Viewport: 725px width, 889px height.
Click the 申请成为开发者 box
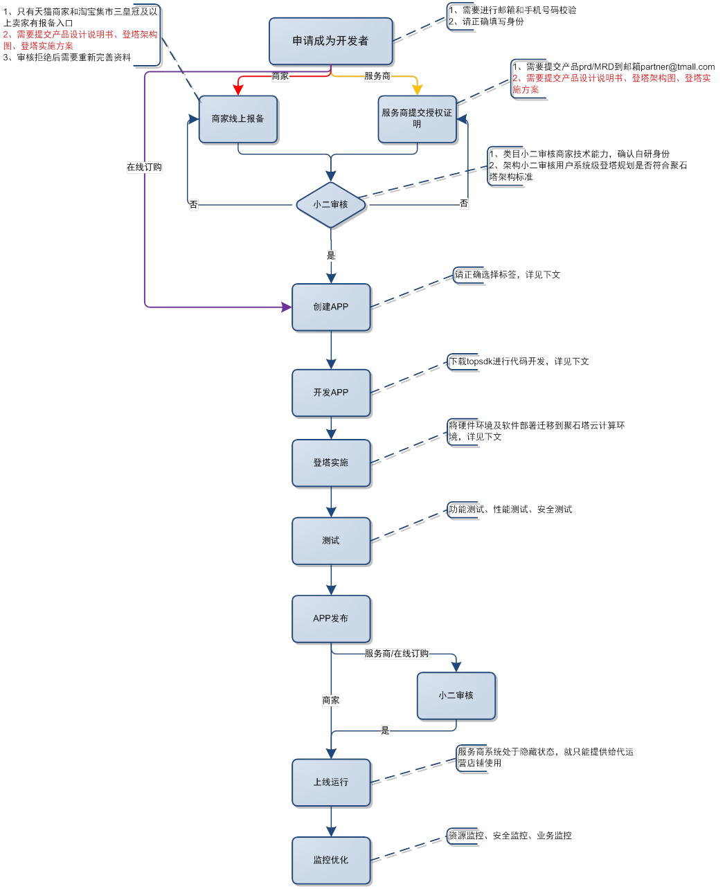[330, 41]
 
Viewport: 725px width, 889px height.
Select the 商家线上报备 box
[238, 119]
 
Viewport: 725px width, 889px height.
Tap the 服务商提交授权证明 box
[417, 118]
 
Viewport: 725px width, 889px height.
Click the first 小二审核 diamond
[330, 205]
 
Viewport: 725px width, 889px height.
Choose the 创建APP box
[330, 307]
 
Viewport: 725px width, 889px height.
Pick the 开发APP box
[330, 393]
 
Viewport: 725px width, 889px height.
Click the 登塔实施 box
[330, 463]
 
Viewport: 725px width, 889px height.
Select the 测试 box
[330, 541]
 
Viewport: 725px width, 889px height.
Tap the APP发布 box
[330, 618]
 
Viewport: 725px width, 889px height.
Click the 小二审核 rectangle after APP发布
[456, 695]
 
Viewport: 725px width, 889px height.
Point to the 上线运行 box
[330, 782]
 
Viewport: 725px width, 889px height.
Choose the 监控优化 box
[330, 860]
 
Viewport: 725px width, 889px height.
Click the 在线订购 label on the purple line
[144, 168]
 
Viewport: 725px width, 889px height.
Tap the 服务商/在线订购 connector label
[396, 654]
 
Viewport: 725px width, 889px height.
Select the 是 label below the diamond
[331, 255]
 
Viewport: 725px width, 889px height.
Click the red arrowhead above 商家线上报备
[238, 89]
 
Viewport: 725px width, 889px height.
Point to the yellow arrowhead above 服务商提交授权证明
[417, 89]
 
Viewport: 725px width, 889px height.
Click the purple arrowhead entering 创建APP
[286, 307]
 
